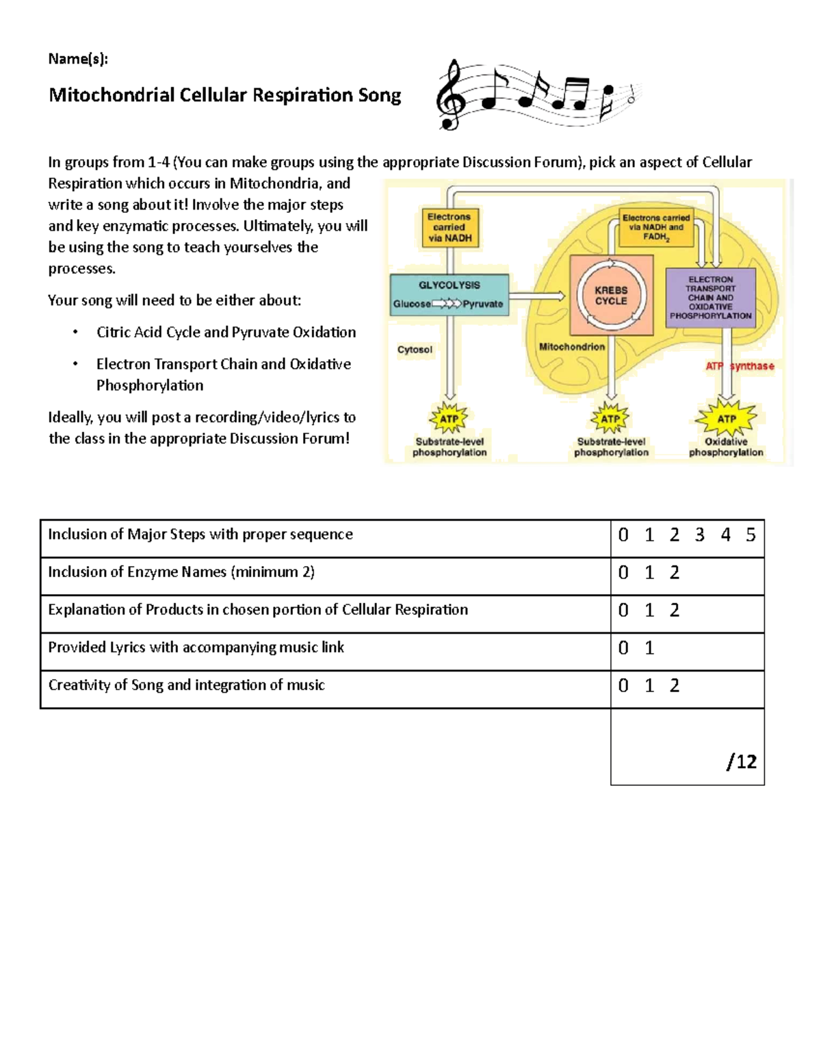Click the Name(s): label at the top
click(78, 59)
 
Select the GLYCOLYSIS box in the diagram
click(449, 294)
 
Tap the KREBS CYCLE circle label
click(611, 296)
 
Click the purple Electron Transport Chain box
click(710, 298)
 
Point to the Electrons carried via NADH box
click(449, 227)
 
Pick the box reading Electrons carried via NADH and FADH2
click(655, 227)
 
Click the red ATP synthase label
click(740, 366)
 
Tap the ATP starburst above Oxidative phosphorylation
click(726, 419)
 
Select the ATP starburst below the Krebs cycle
click(610, 419)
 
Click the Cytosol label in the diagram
click(415, 350)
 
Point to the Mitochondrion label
click(572, 347)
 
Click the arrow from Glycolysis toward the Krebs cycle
click(537, 296)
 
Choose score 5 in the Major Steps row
click(751, 535)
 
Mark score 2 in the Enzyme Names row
click(675, 572)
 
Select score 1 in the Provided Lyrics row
click(649, 648)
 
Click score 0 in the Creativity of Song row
click(623, 685)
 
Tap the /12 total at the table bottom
click(742, 761)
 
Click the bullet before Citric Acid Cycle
click(75, 333)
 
